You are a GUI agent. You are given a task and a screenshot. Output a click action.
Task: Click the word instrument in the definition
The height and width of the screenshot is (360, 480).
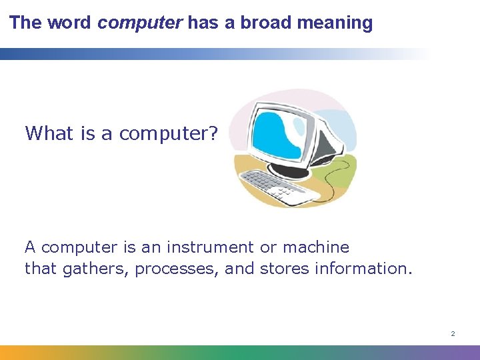tap(210, 247)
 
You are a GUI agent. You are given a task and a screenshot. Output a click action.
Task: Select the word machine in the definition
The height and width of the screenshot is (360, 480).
tap(315, 247)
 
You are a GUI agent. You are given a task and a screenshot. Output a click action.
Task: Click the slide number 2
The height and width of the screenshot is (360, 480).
tap(453, 333)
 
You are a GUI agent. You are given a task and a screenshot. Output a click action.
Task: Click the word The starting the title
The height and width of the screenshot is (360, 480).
tap(25, 23)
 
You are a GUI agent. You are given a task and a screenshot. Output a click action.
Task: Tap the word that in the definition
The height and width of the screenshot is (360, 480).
tap(42, 269)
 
